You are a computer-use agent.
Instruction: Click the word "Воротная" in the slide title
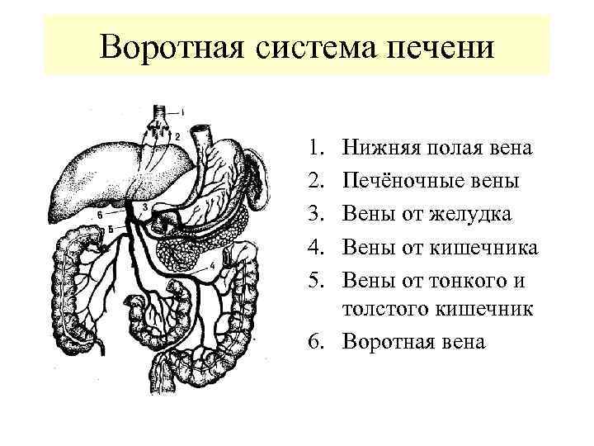pos(166,47)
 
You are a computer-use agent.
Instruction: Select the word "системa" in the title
pos(311,47)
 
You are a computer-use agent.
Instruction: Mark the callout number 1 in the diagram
pos(183,111)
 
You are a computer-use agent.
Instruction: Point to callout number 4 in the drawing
pos(213,264)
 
